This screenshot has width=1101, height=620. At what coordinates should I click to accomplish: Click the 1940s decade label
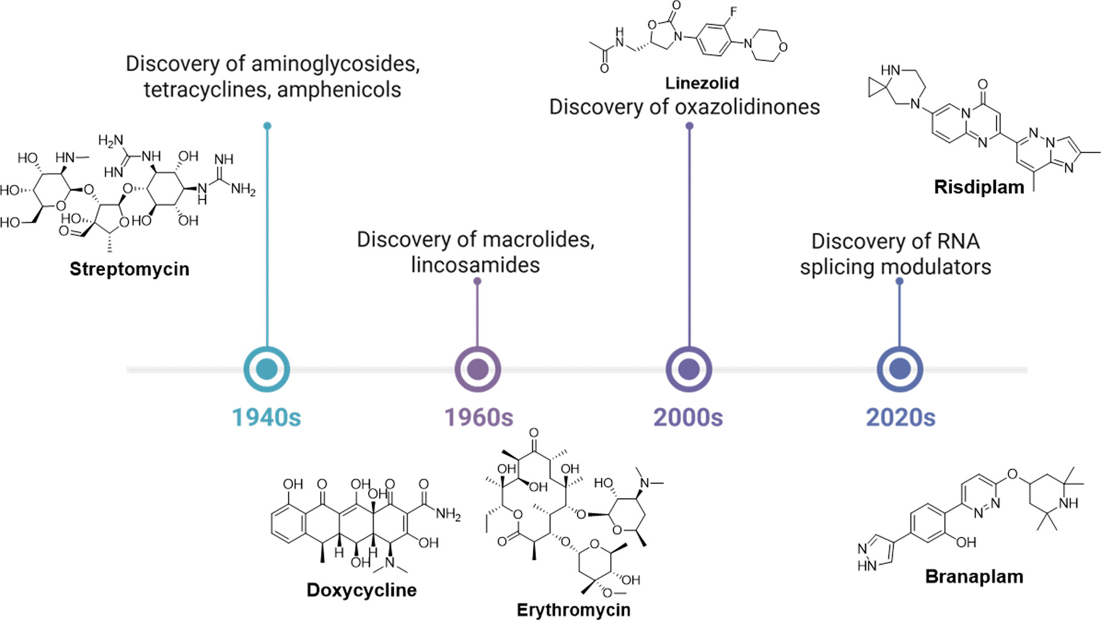[x=266, y=417]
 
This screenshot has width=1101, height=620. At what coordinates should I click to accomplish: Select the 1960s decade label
[x=479, y=417]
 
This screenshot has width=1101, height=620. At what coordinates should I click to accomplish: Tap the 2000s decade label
[x=688, y=417]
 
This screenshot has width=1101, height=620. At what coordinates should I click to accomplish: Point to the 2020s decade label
[x=900, y=417]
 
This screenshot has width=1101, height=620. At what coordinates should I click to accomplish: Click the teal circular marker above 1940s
[x=267, y=369]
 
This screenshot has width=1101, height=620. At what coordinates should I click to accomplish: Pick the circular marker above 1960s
[x=478, y=369]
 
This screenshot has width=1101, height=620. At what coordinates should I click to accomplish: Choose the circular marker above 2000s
[x=689, y=369]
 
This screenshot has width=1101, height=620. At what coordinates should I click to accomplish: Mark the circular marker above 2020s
[x=900, y=369]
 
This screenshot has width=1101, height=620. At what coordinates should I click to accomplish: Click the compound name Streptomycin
[x=129, y=269]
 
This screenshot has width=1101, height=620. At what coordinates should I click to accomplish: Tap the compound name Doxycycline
[x=361, y=590]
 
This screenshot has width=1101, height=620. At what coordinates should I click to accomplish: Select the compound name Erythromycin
[x=573, y=609]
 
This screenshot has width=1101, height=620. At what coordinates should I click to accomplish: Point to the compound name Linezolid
[x=701, y=82]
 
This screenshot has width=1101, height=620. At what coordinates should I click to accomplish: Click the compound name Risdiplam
[x=979, y=187]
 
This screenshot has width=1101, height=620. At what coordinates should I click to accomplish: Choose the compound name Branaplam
[x=974, y=577]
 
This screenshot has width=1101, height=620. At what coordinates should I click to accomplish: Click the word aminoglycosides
[x=335, y=64]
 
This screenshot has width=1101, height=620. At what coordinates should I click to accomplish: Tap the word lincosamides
[x=475, y=265]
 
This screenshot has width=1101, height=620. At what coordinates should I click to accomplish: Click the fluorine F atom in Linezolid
[x=734, y=11]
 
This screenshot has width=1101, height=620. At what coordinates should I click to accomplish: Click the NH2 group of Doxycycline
[x=449, y=514]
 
